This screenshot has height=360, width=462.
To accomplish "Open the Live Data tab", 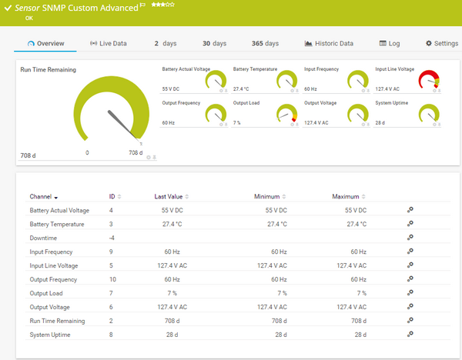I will point(108,44).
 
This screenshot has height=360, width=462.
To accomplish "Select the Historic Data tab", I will point(329,44).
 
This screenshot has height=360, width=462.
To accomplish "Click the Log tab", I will point(390,44).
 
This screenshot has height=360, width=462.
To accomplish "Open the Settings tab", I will point(441,44).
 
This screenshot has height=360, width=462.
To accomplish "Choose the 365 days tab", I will point(265,44).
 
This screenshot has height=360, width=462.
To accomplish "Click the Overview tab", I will point(45,44).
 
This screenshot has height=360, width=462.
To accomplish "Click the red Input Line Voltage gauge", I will point(429,80).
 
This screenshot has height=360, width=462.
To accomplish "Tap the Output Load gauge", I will point(286,114).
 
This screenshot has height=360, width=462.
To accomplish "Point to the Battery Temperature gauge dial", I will point(286,80).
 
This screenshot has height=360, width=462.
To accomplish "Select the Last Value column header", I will point(168,197).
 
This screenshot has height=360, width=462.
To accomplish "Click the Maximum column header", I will point(346,197).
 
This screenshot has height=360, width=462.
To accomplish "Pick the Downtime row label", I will point(43,238).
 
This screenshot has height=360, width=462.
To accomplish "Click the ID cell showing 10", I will point(112,279).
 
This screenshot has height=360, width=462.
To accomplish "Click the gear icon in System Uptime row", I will point(410,334).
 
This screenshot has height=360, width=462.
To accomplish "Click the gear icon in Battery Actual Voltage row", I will point(410,210).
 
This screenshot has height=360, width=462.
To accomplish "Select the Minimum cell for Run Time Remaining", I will point(276,320).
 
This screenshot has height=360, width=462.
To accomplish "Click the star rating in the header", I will point(162,5).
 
